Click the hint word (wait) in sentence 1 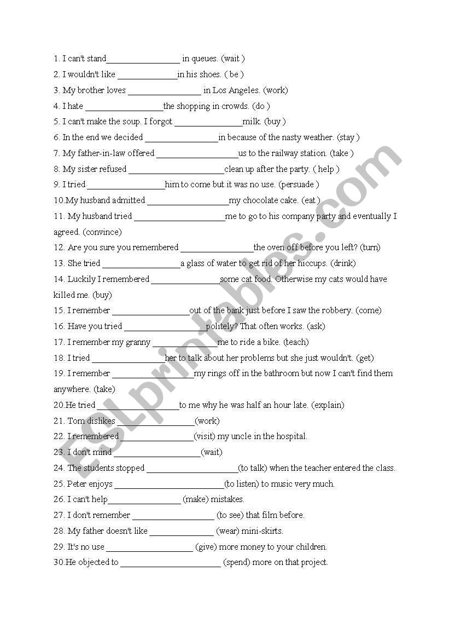click(x=232, y=59)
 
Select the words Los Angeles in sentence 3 click(x=236, y=90)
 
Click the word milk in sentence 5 click(x=252, y=122)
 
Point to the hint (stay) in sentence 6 click(x=348, y=137)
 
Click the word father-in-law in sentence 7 click(x=102, y=153)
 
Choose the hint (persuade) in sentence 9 click(x=299, y=184)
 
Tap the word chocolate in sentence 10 click(x=261, y=200)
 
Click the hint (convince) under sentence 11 click(x=102, y=232)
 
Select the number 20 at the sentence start click(x=59, y=405)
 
